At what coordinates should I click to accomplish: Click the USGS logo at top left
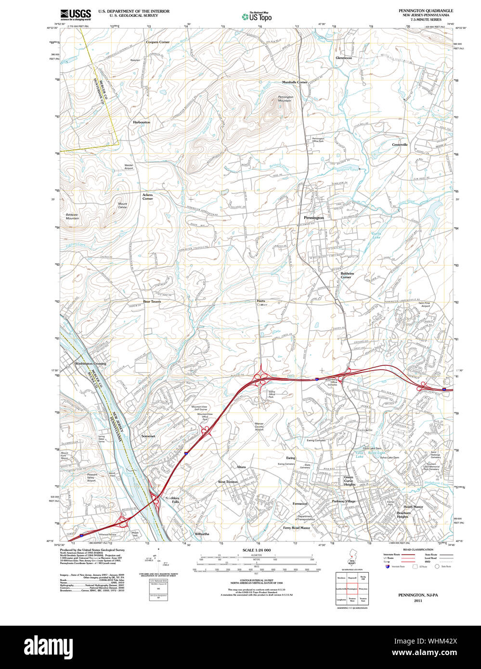(76, 14)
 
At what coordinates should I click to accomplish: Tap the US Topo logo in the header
(257, 17)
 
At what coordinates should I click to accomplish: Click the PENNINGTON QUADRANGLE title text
(425, 11)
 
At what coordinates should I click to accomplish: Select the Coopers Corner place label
(158, 42)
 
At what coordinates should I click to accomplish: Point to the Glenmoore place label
(344, 58)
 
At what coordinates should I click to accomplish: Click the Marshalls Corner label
(295, 82)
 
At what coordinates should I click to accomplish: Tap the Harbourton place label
(142, 122)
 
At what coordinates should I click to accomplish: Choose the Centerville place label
(400, 144)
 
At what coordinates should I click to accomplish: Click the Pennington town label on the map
(314, 218)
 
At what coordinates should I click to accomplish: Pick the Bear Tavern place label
(152, 301)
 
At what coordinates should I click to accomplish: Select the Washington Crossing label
(91, 363)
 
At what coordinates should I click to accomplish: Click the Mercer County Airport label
(259, 426)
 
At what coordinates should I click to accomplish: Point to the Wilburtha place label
(202, 534)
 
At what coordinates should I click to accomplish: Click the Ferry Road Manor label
(297, 527)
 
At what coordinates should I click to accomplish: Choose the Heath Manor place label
(413, 506)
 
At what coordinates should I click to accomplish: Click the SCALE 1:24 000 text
(257, 550)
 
